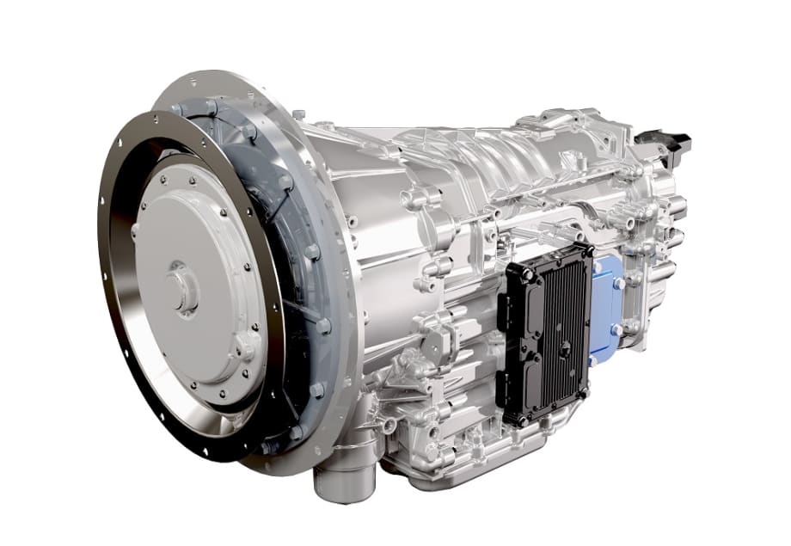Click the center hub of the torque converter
click(x=183, y=288)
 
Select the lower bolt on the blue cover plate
click(x=615, y=329)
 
